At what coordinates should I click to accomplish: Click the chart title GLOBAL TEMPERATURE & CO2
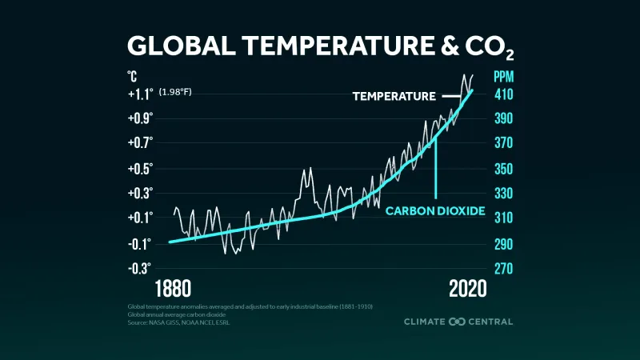pyautogui.click(x=320, y=46)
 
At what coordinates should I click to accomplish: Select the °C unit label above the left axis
pyautogui.click(x=132, y=78)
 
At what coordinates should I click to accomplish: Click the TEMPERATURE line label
pyautogui.click(x=394, y=96)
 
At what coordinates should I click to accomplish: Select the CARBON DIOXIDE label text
pyautogui.click(x=435, y=211)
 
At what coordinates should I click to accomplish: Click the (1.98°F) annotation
pyautogui.click(x=174, y=94)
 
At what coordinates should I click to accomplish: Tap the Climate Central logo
pyautogui.click(x=458, y=322)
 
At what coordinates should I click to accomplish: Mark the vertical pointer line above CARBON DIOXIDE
pyautogui.click(x=436, y=168)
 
